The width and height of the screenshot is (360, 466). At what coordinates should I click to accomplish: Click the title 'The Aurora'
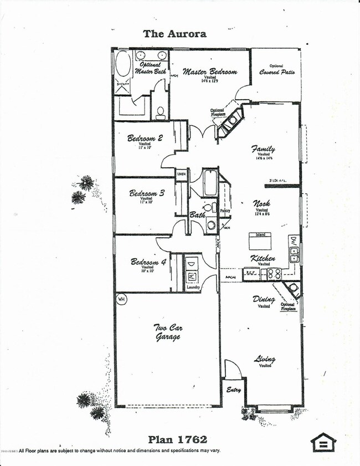point(174,34)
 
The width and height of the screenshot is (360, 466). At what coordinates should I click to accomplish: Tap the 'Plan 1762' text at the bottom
point(177,440)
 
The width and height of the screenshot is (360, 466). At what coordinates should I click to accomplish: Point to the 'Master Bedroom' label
point(210,72)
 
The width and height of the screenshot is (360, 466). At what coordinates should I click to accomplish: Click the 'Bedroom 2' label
point(145,139)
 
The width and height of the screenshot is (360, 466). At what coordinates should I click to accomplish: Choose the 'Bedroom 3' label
point(147,193)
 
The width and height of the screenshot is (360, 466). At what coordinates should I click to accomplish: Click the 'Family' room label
point(263,149)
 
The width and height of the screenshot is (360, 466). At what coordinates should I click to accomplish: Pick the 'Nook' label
point(261,203)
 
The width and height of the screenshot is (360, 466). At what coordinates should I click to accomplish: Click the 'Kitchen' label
point(263,258)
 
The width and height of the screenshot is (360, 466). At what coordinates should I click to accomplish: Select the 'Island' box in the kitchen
point(260,235)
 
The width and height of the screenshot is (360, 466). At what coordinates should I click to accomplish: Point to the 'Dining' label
point(264,299)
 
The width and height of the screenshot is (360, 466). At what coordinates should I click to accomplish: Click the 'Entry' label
point(234,390)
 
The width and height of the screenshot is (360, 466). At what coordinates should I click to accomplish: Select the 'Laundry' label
point(193,287)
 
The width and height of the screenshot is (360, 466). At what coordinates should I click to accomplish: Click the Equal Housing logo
point(323,443)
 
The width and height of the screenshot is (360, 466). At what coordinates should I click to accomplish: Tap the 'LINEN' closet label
point(182,175)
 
